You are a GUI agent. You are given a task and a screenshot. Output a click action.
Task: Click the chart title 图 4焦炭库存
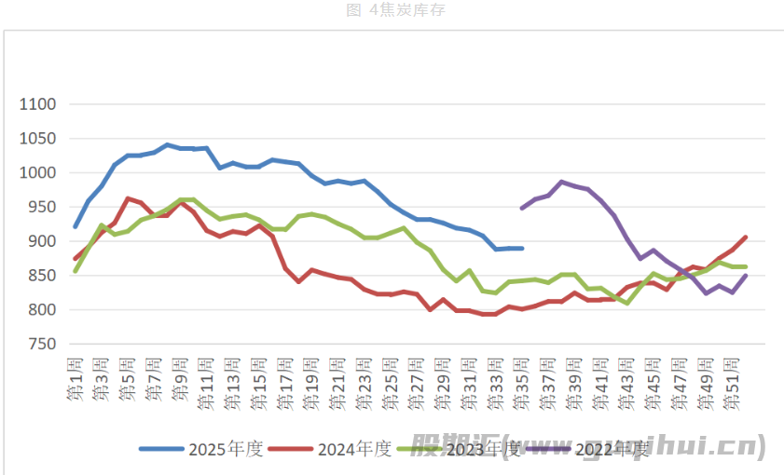(392, 10)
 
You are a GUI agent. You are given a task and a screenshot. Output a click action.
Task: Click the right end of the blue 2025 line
(522, 249)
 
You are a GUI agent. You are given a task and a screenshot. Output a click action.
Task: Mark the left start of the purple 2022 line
(522, 208)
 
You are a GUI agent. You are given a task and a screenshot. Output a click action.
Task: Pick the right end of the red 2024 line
(746, 237)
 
